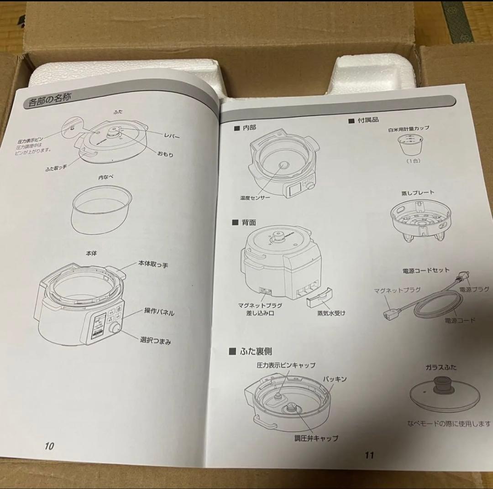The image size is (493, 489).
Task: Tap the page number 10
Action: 49,446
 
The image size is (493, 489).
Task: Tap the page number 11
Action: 369,454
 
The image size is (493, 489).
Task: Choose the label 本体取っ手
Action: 153,265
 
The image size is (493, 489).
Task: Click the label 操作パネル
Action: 159,312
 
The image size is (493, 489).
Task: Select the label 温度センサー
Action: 255,198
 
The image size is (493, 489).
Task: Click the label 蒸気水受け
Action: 331,313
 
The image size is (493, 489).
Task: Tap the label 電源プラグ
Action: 474,289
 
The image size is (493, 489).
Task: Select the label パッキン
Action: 335,379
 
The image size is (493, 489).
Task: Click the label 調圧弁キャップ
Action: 316,438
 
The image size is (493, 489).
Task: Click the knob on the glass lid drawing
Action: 442,385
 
